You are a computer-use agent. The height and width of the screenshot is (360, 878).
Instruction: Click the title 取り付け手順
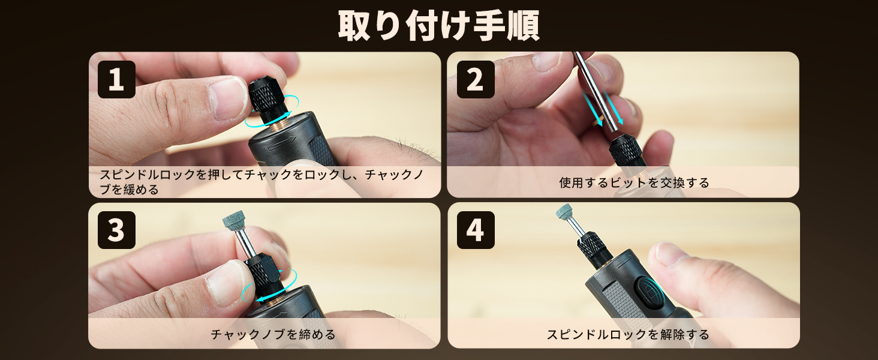pos(438,26)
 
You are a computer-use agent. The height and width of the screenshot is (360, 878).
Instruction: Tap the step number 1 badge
pos(116,79)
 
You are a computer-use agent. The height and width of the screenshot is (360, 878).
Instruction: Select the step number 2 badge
pos(476,79)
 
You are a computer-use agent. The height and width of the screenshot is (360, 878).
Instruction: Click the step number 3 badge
pos(116,230)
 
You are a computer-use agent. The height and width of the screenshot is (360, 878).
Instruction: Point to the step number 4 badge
pos(476,230)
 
